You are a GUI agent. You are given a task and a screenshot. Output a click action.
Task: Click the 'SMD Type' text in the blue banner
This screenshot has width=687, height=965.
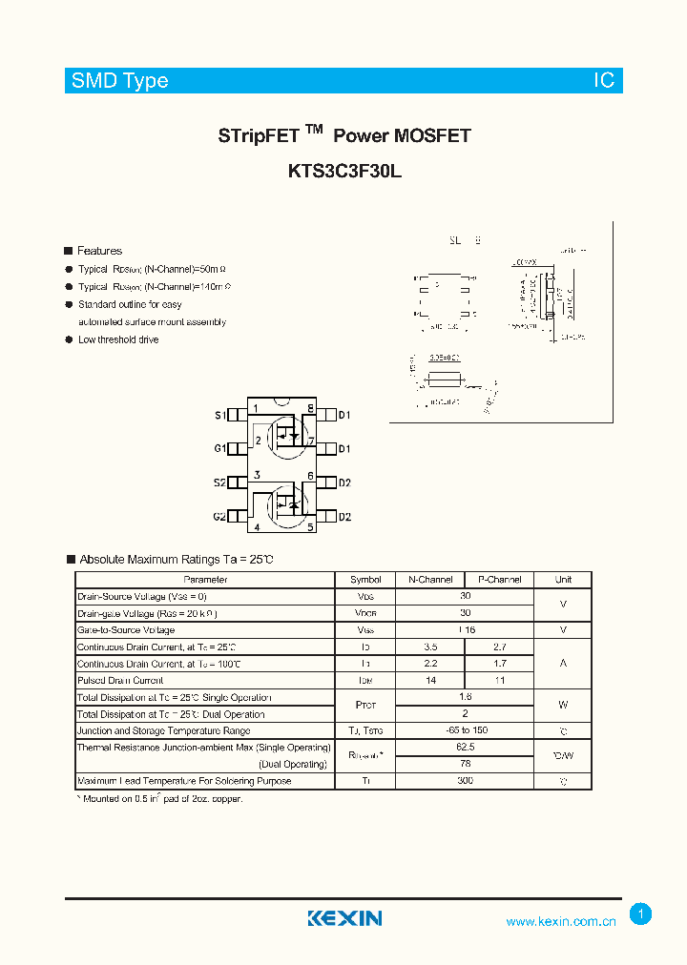(120, 81)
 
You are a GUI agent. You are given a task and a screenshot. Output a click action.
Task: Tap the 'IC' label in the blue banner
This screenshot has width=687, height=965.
(604, 81)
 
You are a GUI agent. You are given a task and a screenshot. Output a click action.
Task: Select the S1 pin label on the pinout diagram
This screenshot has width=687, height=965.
(219, 415)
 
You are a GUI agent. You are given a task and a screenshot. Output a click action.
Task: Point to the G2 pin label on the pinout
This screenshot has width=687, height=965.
(219, 517)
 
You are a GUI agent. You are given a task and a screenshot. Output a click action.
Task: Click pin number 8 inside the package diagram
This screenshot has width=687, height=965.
(310, 409)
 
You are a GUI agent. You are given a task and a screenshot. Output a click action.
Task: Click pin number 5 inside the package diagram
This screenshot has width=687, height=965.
(310, 526)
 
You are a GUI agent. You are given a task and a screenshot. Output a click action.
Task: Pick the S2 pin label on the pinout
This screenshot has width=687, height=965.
(219, 482)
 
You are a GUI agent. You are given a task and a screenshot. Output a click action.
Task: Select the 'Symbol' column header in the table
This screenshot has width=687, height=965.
(365, 579)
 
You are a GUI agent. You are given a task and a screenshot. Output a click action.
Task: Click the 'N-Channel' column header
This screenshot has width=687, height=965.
(429, 579)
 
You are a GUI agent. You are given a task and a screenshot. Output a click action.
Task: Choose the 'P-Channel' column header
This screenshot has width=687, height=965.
(499, 579)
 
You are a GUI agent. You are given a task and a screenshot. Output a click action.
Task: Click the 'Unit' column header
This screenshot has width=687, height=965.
(563, 579)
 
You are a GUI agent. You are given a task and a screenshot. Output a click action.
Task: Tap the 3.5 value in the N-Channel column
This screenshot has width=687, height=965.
(429, 647)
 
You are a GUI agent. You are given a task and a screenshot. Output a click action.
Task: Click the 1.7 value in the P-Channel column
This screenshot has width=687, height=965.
(499, 664)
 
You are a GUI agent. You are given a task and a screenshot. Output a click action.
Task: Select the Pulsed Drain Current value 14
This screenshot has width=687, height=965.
(429, 681)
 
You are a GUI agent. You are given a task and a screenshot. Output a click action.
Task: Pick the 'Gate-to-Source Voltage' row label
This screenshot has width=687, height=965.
(126, 630)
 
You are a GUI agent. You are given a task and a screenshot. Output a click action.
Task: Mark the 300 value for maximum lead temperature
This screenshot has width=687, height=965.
(465, 781)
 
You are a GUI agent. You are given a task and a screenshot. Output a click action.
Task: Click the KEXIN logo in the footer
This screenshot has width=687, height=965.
(344, 918)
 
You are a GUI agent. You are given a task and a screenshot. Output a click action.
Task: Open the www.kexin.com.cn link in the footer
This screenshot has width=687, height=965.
(561, 921)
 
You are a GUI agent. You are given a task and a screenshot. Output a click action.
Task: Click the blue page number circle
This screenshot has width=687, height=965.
(641, 914)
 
